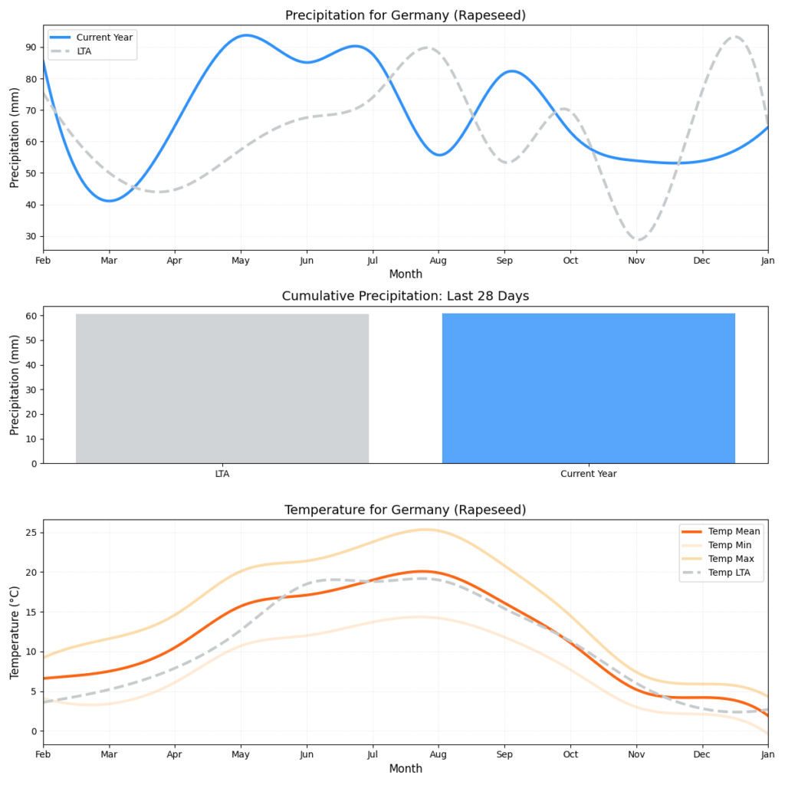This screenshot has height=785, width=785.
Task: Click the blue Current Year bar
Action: pyautogui.click(x=588, y=388)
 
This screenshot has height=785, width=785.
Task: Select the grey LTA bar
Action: pyautogui.click(x=222, y=388)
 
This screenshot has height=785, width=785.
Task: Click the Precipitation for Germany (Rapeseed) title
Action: pyautogui.click(x=406, y=15)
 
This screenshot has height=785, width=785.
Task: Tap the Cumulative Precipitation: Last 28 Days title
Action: pyautogui.click(x=406, y=296)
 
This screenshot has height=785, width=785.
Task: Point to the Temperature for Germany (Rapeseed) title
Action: pyautogui.click(x=406, y=510)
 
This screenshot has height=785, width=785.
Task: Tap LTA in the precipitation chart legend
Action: pyautogui.click(x=84, y=51)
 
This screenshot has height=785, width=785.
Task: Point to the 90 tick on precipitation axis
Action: pyautogui.click(x=31, y=47)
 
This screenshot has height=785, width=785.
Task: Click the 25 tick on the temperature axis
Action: pyautogui.click(x=31, y=533)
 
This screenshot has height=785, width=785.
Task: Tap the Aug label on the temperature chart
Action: pyautogui.click(x=438, y=755)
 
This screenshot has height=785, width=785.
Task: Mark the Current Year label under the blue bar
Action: pyautogui.click(x=588, y=474)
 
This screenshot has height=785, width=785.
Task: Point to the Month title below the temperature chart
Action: pyautogui.click(x=406, y=769)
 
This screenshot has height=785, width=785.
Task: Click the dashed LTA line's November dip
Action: pyautogui.click(x=638, y=240)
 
